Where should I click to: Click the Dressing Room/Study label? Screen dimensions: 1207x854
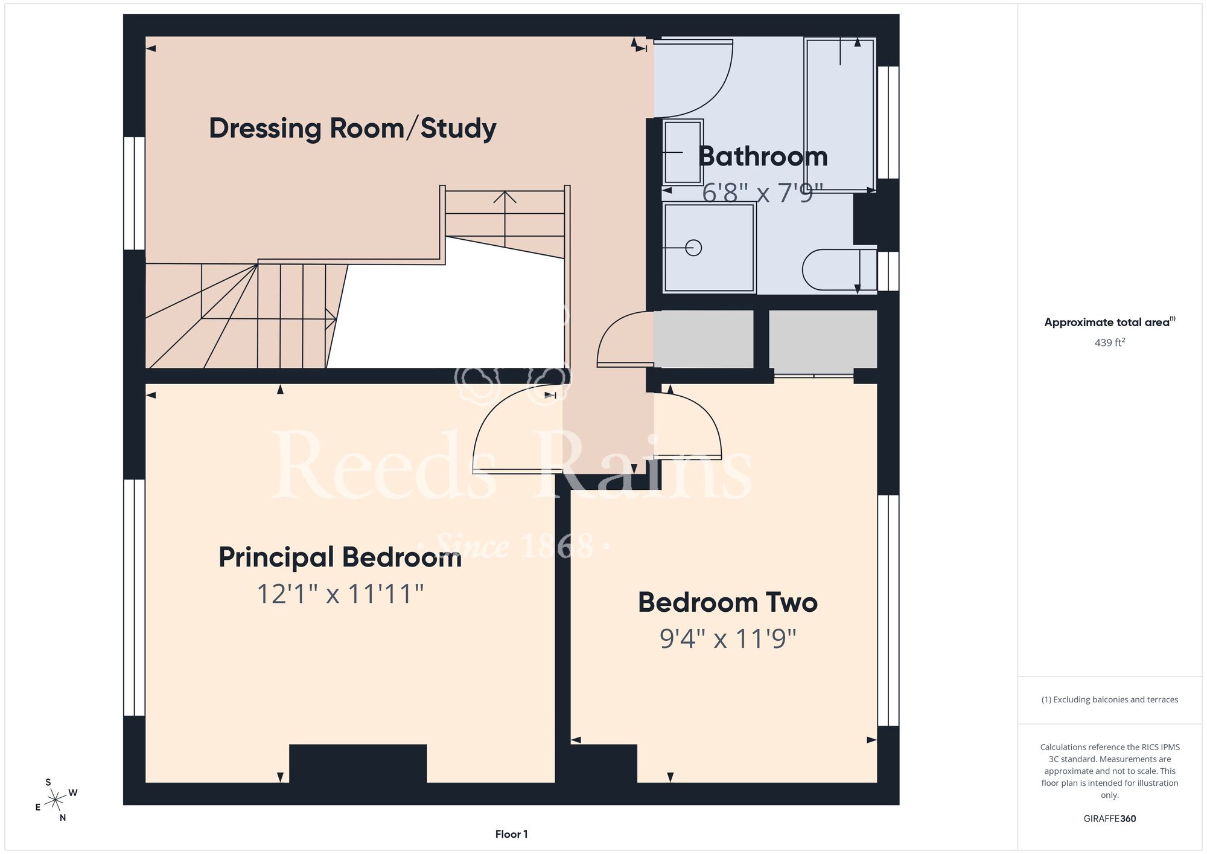click(352, 129)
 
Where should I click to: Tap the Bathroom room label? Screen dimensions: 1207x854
click(763, 156)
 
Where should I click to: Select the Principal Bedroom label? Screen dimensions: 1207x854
click(340, 557)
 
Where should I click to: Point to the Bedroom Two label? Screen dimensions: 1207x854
click(728, 602)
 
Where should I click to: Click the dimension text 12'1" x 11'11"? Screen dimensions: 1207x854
click(340, 594)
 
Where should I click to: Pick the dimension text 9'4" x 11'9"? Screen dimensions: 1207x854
click(728, 638)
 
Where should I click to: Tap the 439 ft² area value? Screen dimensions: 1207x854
click(1110, 342)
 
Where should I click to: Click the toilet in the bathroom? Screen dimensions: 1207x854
click(839, 270)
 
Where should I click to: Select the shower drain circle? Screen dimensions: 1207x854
click(693, 248)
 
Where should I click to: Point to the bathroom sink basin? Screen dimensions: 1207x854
click(683, 152)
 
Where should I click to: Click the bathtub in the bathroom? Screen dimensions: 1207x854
click(840, 115)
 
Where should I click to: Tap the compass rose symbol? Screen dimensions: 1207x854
click(56, 800)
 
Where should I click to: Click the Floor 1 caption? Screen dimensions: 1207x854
click(511, 834)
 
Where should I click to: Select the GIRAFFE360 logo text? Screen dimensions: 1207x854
click(1110, 819)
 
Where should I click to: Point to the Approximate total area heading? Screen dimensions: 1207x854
click(1110, 322)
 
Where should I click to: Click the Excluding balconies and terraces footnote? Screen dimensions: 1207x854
click(1110, 699)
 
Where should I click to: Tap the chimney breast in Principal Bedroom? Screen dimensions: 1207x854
click(358, 763)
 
